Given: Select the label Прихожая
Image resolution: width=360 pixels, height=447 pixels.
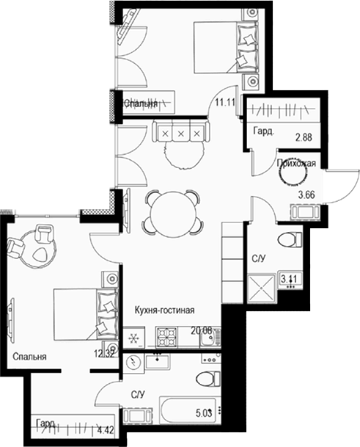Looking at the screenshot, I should pos(296,164).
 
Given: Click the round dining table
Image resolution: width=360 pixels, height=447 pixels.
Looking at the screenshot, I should pos(172,211).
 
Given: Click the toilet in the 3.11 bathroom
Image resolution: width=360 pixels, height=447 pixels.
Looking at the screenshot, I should pos(291,239).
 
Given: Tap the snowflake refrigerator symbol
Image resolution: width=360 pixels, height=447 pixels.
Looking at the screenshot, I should pos(134,338).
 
